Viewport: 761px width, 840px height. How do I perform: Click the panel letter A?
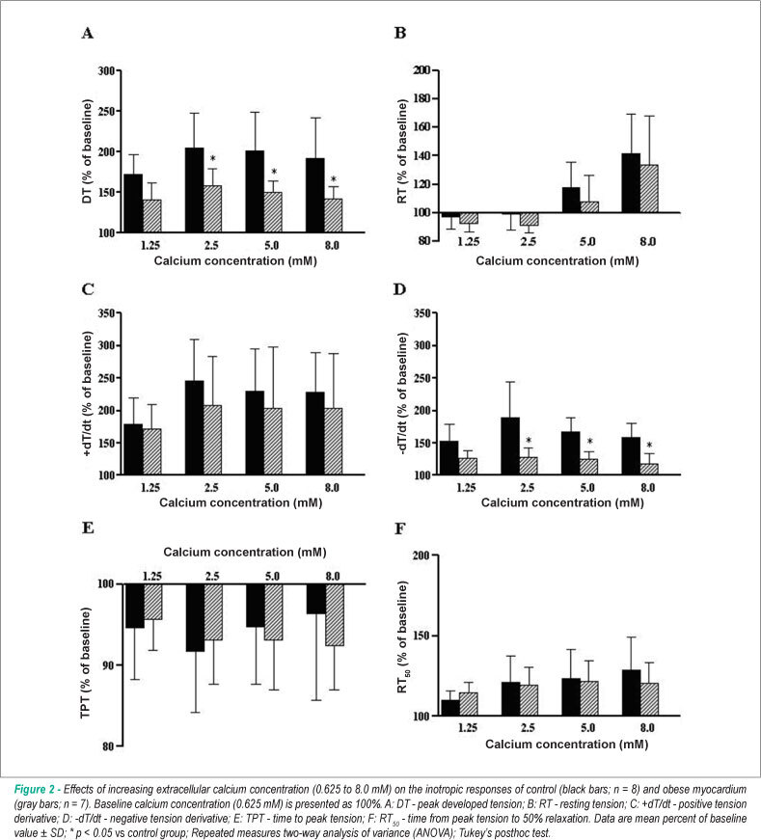click(88, 33)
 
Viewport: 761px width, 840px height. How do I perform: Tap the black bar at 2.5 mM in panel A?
click(194, 190)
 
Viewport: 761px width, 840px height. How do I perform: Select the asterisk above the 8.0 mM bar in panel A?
click(334, 179)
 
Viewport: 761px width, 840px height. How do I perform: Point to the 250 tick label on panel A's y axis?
click(107, 112)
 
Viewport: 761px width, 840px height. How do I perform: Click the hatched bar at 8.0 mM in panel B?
click(649, 189)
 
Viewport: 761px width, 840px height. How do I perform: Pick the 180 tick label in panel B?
click(421, 98)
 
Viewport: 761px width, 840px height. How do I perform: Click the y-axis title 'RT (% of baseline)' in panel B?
click(402, 151)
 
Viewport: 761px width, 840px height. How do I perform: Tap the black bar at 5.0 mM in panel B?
click(571, 200)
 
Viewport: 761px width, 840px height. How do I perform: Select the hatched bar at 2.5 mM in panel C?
click(212, 440)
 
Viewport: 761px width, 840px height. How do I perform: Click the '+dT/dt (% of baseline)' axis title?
click(88, 393)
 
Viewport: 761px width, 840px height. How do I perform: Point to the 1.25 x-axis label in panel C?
click(150, 487)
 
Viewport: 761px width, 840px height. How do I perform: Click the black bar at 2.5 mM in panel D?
click(510, 447)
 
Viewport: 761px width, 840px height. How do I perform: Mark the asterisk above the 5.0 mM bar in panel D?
click(589, 442)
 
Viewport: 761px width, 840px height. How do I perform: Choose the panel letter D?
click(400, 290)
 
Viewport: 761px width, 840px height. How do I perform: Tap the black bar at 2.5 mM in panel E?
click(195, 617)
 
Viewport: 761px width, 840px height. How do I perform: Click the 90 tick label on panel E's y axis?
click(108, 664)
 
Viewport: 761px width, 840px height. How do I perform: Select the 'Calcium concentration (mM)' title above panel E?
click(245, 553)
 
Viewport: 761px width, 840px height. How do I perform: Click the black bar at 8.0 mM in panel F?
click(632, 692)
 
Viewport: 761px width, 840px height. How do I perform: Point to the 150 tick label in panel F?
click(421, 636)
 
